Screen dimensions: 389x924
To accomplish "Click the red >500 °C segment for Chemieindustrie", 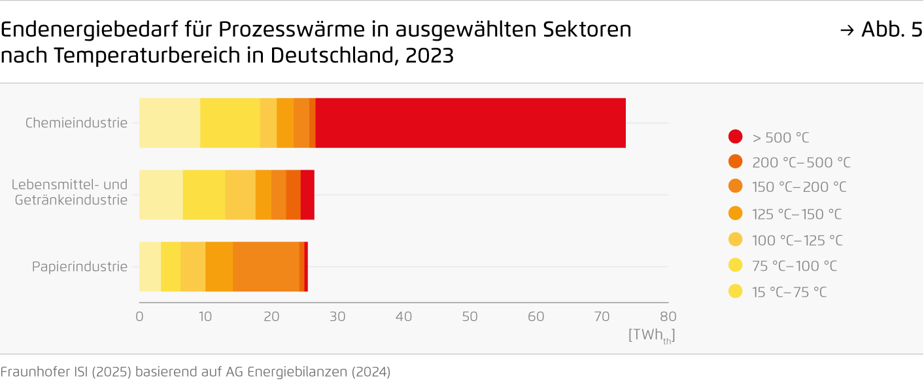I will click(x=470, y=123).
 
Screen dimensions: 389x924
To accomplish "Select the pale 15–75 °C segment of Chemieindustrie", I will click(x=169, y=123).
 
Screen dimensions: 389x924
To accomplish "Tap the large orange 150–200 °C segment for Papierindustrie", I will click(x=265, y=267).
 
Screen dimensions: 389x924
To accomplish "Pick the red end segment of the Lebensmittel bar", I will click(x=307, y=194).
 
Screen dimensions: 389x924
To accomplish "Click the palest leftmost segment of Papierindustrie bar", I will click(x=150, y=267).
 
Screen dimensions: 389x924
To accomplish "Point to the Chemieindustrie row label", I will click(x=77, y=122).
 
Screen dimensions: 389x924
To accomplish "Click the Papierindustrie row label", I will click(x=80, y=267).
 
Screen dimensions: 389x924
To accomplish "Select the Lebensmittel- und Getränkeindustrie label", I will click(x=70, y=193).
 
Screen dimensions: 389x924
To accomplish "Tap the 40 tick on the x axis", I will click(x=403, y=317).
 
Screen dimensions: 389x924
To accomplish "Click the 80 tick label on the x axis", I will click(x=668, y=317).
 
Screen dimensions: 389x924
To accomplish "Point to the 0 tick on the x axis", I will click(x=139, y=317).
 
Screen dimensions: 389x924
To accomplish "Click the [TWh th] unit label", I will click(x=651, y=335).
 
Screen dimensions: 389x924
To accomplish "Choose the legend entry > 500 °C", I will click(x=780, y=138).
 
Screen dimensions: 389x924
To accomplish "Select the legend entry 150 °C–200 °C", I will click(x=798, y=187).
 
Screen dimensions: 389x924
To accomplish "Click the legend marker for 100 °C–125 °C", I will click(x=736, y=240).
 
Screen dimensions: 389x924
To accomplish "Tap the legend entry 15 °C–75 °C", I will click(x=789, y=292).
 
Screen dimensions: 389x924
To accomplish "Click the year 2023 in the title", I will click(x=429, y=56).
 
